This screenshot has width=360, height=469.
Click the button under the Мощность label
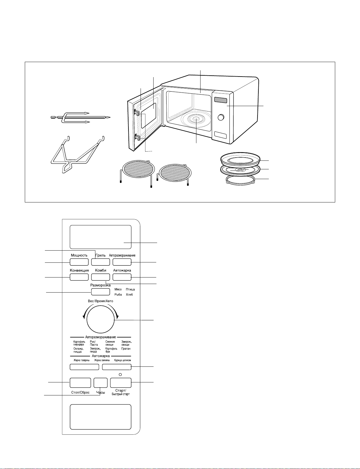pos(79,262)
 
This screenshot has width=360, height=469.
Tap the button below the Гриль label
pos(100,262)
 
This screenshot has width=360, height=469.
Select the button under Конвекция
pos(79,277)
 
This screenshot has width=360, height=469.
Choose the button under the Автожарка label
pos(122,277)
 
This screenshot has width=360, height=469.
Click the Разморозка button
pos(100,292)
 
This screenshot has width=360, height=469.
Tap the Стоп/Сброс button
pos(80,383)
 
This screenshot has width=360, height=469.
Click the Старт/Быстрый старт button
pos(121,383)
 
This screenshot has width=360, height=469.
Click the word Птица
pos(130,289)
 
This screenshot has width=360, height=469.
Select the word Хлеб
pos(129,294)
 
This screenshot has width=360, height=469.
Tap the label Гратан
pos(126,348)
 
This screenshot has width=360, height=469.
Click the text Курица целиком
pos(123,360)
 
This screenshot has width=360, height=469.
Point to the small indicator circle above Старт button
pos(120,374)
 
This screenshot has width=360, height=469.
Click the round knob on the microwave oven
pos(221,117)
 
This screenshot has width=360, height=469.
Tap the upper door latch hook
pos(137,112)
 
